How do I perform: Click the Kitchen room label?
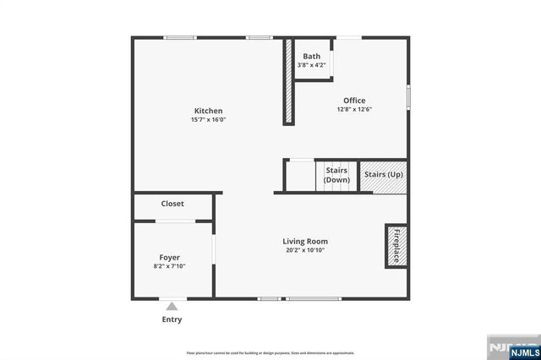coord(208,111)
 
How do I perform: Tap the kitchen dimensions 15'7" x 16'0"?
coord(208,120)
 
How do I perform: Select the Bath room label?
coord(312,57)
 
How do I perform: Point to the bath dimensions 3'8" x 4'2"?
coord(312,65)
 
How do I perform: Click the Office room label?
coord(354,101)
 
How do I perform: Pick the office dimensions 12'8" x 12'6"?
coord(354,109)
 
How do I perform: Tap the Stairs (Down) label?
coord(336,175)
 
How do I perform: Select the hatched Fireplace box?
coord(395,244)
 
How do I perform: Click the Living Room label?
coord(305,241)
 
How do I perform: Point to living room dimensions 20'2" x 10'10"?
coord(305,250)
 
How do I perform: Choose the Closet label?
coord(172,204)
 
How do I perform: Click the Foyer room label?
coord(170,257)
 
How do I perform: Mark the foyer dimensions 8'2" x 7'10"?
coord(170,266)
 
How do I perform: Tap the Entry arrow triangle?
coord(172,306)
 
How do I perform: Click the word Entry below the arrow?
coord(172,319)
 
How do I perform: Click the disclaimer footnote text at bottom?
coord(270,352)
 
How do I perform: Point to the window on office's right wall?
coord(408,95)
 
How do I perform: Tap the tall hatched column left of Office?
coord(287,81)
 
